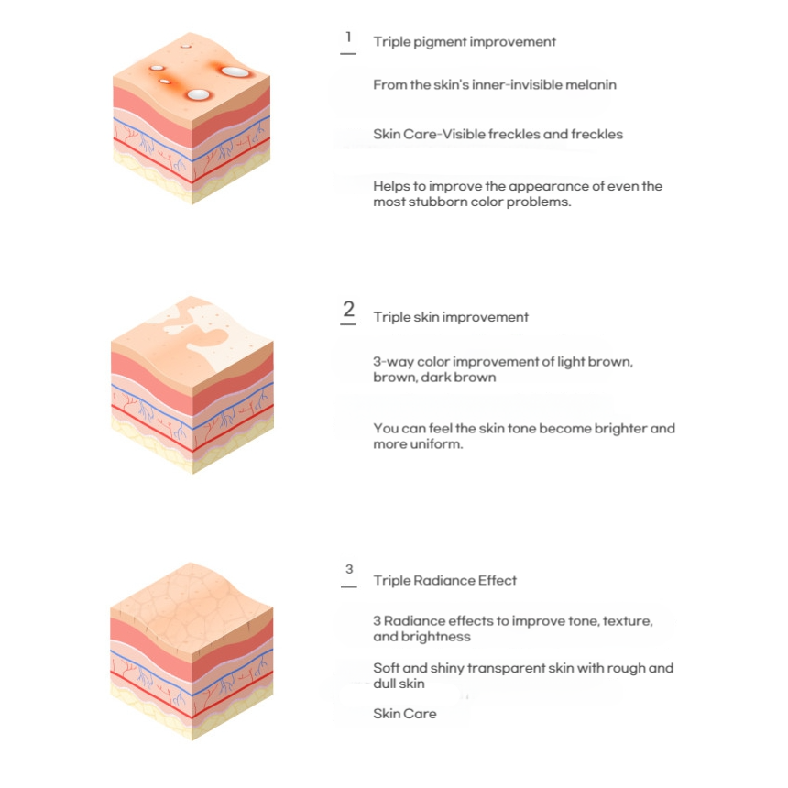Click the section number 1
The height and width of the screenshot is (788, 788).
click(348, 38)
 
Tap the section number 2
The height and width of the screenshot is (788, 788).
click(349, 309)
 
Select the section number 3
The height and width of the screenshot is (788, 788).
click(349, 569)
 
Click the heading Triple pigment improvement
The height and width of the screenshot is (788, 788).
click(465, 42)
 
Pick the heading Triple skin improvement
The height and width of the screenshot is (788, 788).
click(451, 317)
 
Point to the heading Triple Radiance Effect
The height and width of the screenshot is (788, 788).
click(444, 580)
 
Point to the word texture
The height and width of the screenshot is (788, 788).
click(627, 621)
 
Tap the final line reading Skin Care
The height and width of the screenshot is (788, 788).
click(405, 714)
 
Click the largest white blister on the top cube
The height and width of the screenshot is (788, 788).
click(235, 71)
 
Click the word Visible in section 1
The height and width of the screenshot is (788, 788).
click(464, 134)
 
